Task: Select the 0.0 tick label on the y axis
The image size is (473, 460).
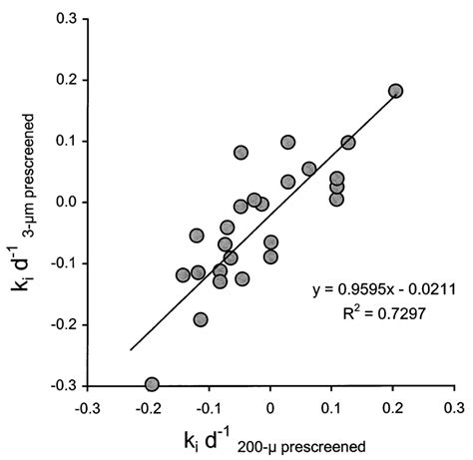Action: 69,202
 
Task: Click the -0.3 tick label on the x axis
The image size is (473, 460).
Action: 87,407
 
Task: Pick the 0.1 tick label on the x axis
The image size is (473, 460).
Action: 332,407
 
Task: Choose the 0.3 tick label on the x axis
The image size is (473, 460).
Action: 455,407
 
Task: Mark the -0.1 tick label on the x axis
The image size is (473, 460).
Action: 209,407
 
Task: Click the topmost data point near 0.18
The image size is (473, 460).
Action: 395,91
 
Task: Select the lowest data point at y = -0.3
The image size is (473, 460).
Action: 152,384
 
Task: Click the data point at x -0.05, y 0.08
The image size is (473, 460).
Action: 240,153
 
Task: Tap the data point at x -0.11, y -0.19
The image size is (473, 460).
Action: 201,319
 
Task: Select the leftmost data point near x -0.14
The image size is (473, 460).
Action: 183,274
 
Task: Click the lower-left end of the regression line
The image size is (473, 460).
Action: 130,349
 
